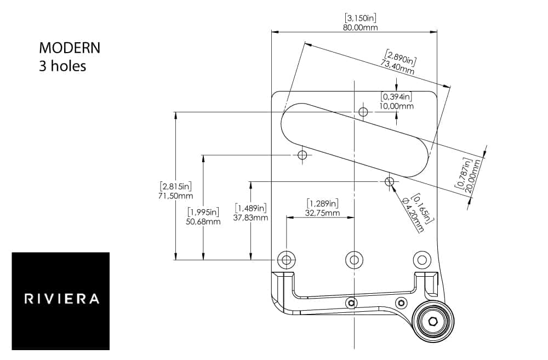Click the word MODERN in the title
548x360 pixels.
point(70,48)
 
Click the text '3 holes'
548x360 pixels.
point(62,66)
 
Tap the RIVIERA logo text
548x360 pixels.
point(61,299)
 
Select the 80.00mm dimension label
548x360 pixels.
point(360,27)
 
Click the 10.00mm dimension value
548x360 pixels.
point(397,106)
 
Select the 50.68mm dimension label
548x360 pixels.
point(203,221)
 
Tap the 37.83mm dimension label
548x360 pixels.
point(251,218)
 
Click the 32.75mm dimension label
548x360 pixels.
point(322,213)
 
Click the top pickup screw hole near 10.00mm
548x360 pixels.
point(363,112)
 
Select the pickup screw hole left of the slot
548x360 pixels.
point(302,155)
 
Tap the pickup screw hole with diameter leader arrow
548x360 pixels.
point(390,181)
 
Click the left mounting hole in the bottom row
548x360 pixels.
point(286,259)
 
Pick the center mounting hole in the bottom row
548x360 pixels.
point(354,259)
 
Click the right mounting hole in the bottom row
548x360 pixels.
point(422,259)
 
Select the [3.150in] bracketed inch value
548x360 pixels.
point(360,18)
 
